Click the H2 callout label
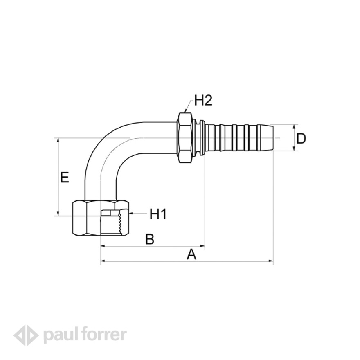[x=203, y=100]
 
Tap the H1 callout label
[x=158, y=214]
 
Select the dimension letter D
[x=301, y=138]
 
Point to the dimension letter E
[x=65, y=177]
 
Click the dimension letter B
[x=150, y=239]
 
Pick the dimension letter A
[x=191, y=254]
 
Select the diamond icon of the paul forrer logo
[x=26, y=335]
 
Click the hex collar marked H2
[x=184, y=137]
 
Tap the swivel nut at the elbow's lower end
[x=101, y=218]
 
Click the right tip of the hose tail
[x=273, y=138]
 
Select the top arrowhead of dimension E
[x=59, y=140]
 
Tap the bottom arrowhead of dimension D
[x=294, y=148]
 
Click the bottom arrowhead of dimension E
[x=59, y=214]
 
